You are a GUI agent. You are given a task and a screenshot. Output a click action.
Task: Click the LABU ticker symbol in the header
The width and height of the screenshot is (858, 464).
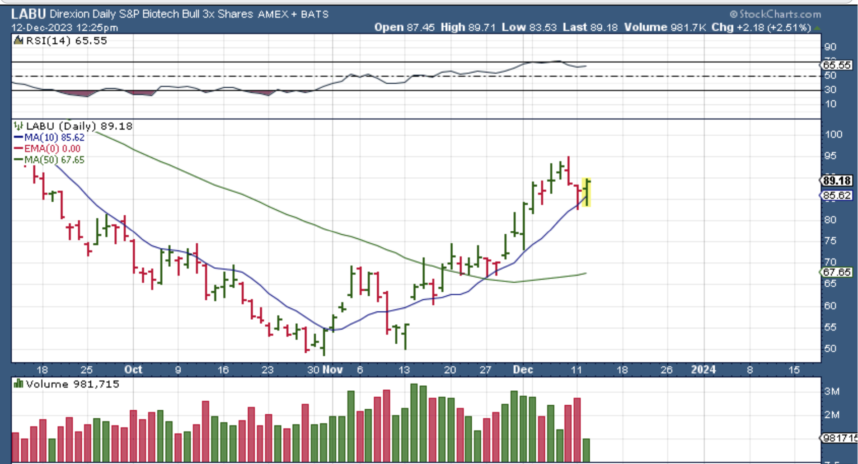pyautogui.click(x=28, y=14)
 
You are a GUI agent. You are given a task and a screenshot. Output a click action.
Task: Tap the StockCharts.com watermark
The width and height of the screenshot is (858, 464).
pyautogui.click(x=775, y=14)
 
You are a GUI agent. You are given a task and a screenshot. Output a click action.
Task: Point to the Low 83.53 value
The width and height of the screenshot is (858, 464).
pyautogui.click(x=529, y=28)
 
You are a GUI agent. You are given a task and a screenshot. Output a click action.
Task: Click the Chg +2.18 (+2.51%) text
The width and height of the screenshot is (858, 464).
pyautogui.click(x=761, y=28)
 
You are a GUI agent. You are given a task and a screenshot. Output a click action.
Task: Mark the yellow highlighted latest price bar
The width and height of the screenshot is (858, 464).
pyautogui.click(x=586, y=192)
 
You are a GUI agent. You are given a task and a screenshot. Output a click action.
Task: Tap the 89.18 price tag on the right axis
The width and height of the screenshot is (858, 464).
pyautogui.click(x=836, y=181)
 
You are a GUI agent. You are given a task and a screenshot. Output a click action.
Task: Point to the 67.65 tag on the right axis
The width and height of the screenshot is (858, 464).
pyautogui.click(x=836, y=272)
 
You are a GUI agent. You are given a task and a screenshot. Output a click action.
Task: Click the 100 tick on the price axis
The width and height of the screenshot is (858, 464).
pyautogui.click(x=833, y=134)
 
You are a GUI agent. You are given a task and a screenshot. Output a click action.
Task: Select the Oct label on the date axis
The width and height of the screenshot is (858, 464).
pyautogui.click(x=133, y=370)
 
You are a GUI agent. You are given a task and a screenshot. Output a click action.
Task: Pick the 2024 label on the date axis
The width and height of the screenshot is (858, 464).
pyautogui.click(x=703, y=370)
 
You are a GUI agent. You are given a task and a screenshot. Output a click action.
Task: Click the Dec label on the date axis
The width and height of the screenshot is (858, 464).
pyautogui.click(x=523, y=370)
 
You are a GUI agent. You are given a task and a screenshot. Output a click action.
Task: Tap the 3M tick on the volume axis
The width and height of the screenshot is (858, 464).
pyautogui.click(x=832, y=392)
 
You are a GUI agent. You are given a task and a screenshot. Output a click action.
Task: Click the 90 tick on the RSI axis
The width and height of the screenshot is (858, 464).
pyautogui.click(x=830, y=47)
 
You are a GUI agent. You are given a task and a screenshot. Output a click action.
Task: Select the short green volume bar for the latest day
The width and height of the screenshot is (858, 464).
pyautogui.click(x=586, y=450)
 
